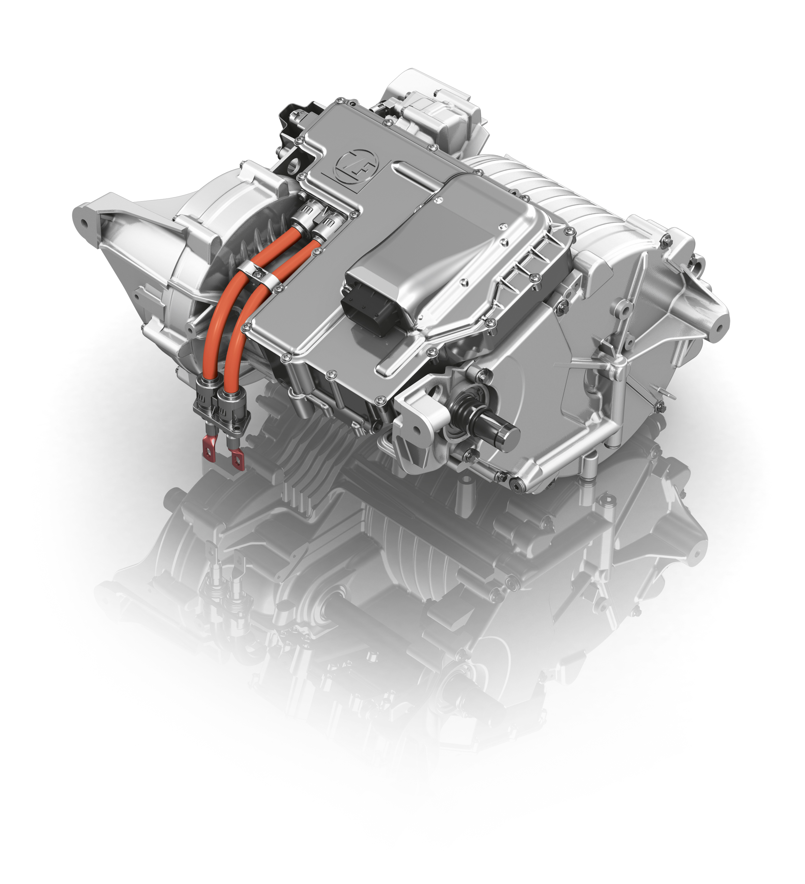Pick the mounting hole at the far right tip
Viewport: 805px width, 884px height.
click(718, 328)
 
